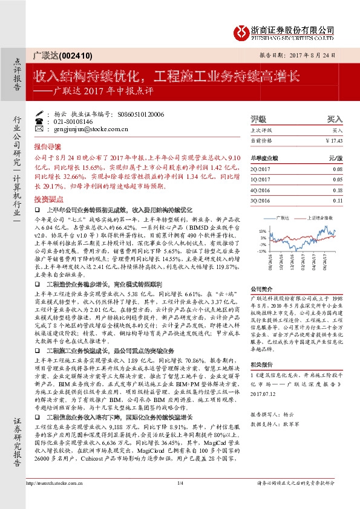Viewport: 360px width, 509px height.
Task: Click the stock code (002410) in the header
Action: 77,55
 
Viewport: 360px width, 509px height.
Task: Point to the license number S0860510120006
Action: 141,114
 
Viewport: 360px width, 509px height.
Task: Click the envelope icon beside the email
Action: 39,129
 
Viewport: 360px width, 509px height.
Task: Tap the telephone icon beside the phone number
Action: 39,122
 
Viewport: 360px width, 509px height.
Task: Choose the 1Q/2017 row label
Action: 261,180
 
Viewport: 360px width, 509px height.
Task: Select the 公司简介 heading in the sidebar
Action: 261,289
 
